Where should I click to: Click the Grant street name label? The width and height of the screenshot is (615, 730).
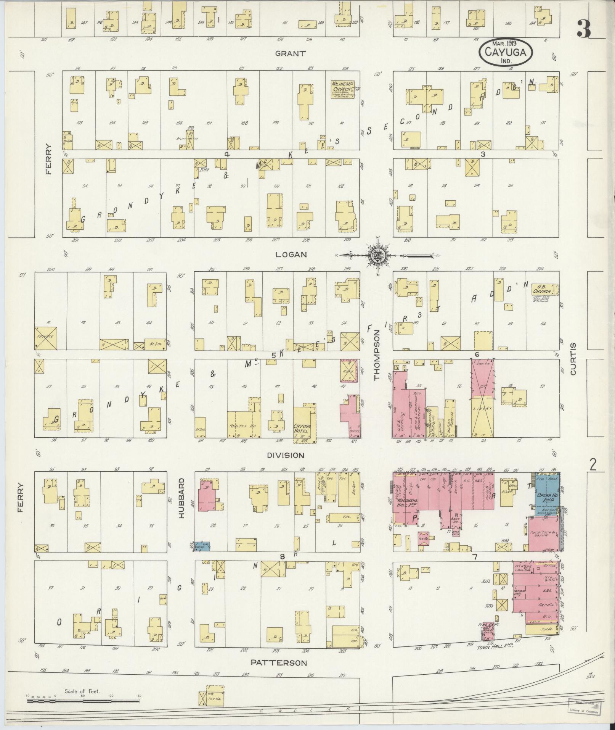(291, 53)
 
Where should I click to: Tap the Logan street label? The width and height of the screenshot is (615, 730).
(292, 255)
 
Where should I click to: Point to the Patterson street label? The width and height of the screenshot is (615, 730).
(279, 662)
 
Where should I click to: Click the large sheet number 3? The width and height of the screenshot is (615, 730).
(583, 29)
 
